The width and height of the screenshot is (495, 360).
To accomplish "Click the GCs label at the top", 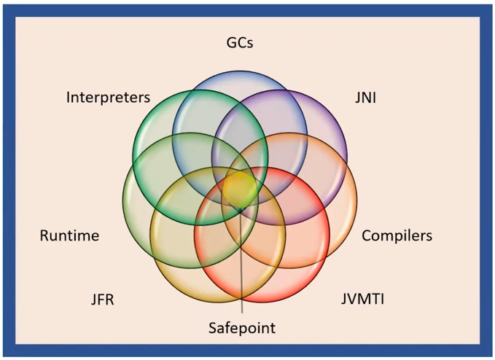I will (239, 43).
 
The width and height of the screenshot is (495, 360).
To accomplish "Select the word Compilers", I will (397, 235).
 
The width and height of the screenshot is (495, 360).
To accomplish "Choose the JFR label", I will (104, 300).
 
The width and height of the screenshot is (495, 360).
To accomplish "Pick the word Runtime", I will (69, 235).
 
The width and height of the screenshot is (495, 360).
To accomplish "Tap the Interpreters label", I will (108, 97).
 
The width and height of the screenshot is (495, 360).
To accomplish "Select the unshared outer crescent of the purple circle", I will (328, 120).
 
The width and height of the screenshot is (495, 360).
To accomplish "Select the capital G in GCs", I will (230, 43).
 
